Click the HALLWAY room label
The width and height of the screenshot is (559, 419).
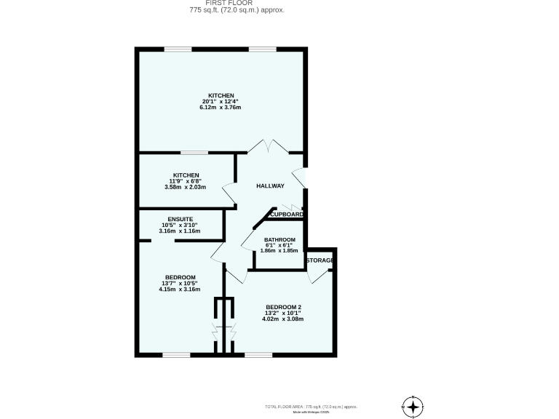270,186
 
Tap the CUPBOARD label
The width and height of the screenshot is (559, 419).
285,215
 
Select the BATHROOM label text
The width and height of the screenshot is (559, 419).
279,240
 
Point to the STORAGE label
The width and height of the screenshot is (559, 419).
320,260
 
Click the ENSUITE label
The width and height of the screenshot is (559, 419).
180,219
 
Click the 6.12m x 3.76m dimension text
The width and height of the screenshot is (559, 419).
220,108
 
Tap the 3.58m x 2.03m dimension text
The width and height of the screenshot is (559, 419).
186,187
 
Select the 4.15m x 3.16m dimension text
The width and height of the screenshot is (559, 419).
180,290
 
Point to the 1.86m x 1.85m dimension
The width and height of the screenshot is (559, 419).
279,250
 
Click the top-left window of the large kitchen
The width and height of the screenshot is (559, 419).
178,49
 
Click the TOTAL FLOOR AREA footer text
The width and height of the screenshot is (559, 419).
310,406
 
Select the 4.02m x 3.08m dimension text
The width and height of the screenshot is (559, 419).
284,319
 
